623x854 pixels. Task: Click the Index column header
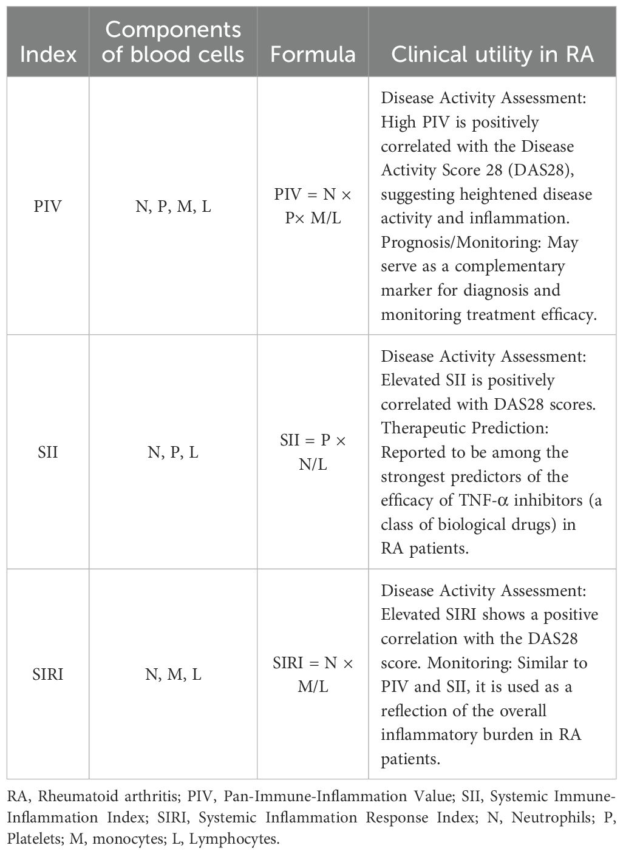48,54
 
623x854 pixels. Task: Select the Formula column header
313,54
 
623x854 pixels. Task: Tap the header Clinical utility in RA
492,54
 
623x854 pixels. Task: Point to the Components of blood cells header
173,42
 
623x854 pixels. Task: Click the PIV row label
48,206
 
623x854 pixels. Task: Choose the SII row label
48,452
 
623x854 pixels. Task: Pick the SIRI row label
48,674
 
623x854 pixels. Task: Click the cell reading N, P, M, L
173,206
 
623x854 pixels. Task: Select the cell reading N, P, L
173,452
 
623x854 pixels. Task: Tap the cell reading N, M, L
173,674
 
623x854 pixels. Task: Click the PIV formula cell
313,206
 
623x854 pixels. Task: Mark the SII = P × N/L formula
313,452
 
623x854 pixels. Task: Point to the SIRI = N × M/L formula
313,674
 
